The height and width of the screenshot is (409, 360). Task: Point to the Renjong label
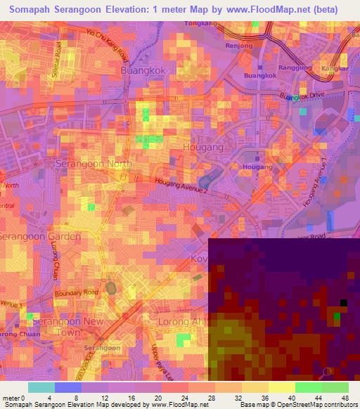pos(238,46)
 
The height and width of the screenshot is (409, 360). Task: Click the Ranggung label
pos(295,68)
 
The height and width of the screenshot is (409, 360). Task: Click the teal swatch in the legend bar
pos(41,387)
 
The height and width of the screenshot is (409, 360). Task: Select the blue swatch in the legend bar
pos(67,387)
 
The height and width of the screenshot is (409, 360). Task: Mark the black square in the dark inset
pos(343,303)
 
